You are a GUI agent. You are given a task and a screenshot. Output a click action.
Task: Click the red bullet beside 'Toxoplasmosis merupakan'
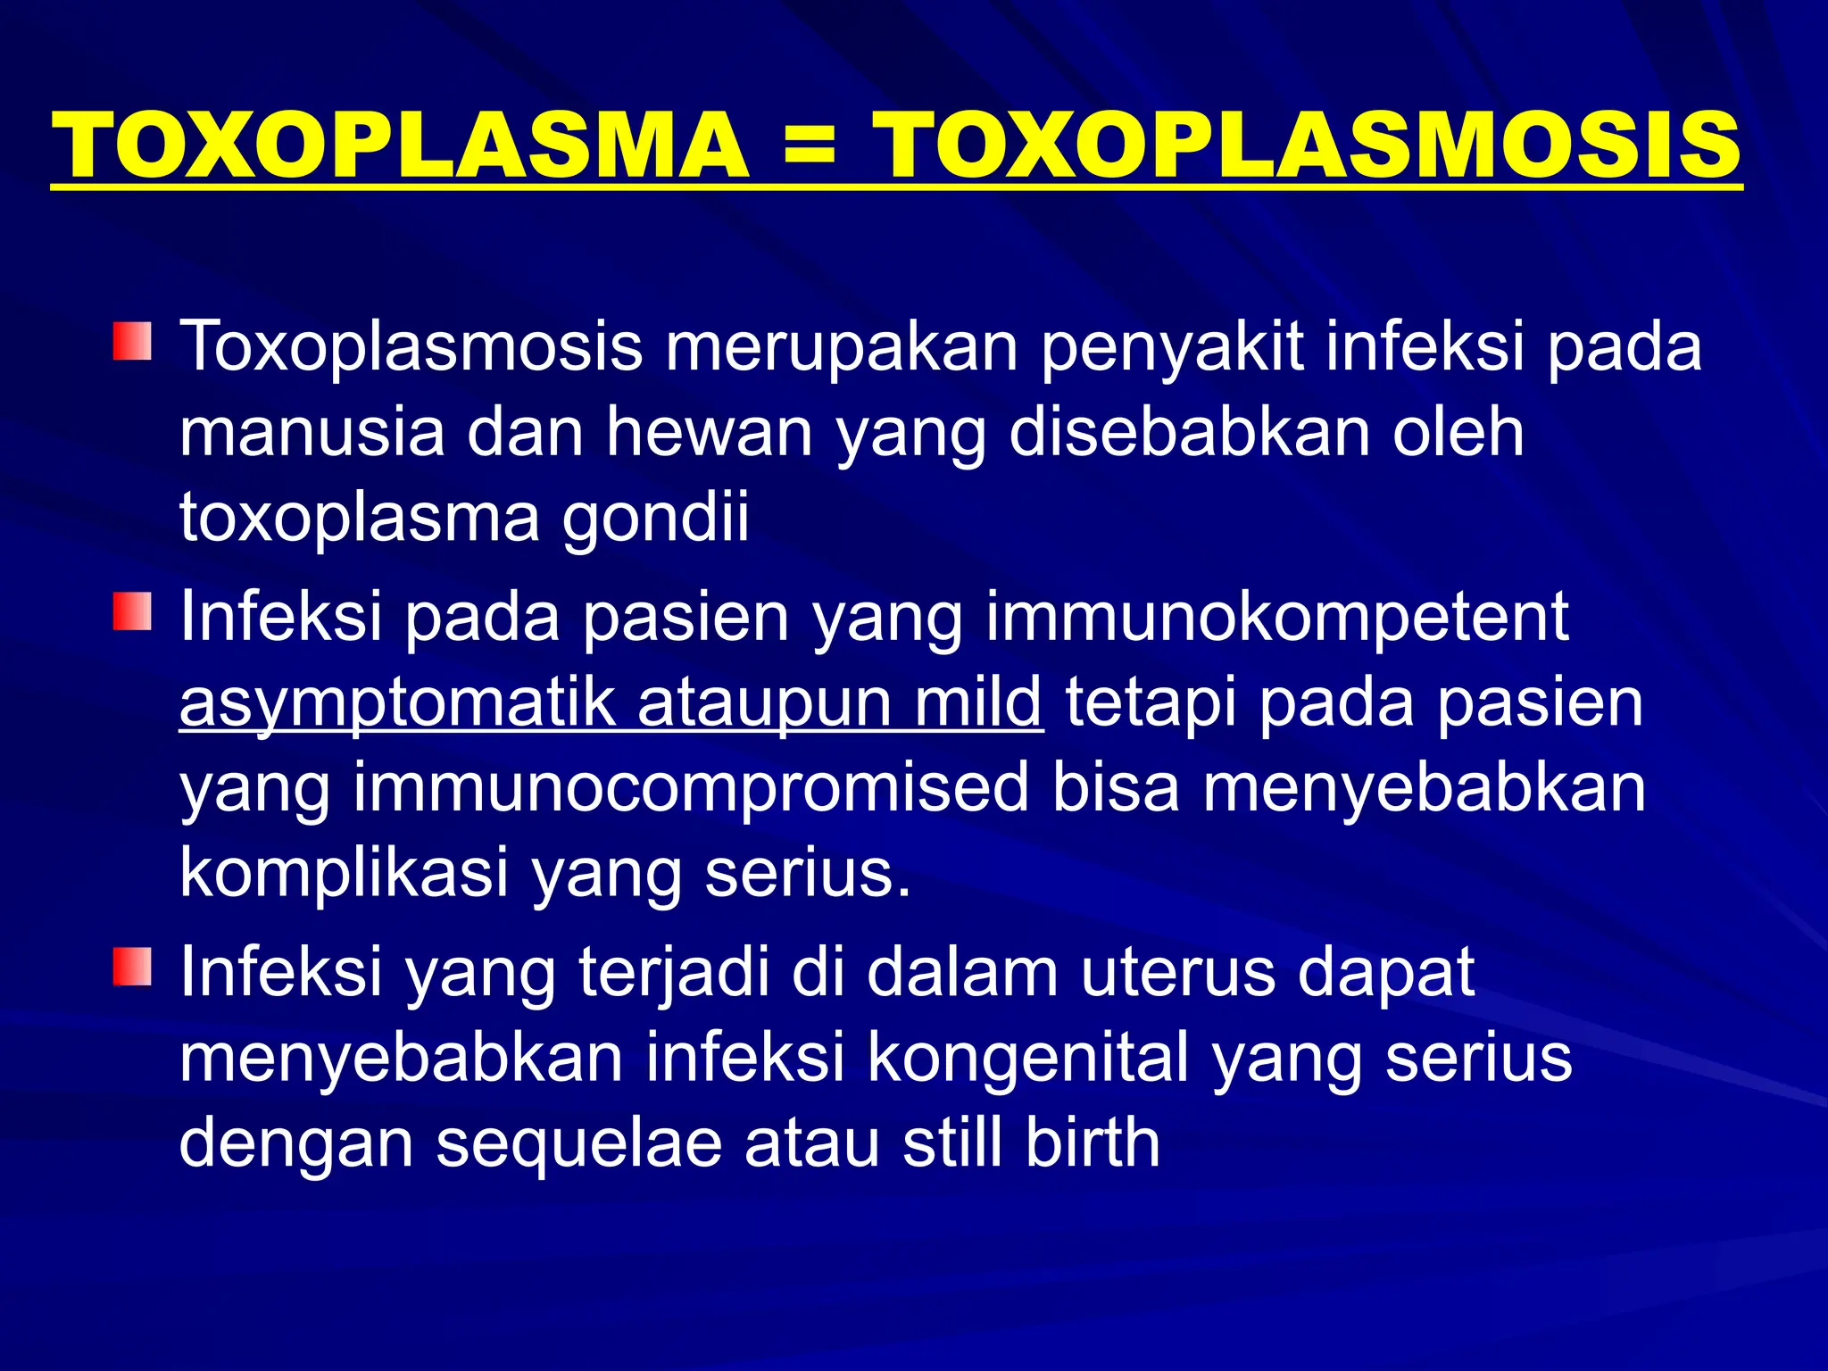132,342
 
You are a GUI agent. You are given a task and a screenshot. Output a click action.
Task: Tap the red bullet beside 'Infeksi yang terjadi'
132,968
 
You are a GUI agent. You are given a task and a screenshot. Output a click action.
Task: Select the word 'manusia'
312,432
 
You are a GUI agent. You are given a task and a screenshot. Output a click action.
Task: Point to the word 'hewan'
710,432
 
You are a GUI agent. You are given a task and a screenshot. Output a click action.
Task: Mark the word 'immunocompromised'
692,789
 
